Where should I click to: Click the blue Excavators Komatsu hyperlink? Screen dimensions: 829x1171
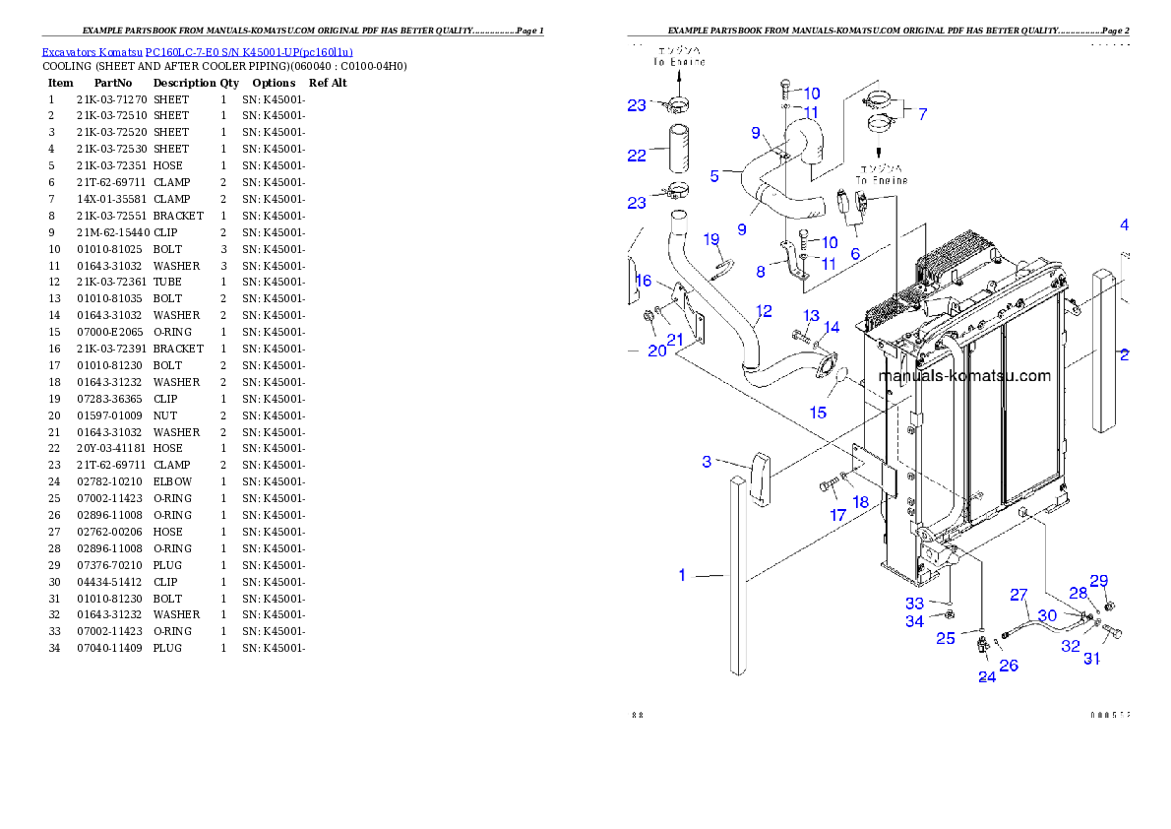(197, 52)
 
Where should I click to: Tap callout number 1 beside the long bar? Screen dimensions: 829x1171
(682, 575)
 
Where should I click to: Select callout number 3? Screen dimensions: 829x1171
(707, 462)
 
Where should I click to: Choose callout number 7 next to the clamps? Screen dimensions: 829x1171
(922, 113)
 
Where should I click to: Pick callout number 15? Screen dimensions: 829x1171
(818, 413)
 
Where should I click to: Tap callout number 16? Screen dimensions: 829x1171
(645, 281)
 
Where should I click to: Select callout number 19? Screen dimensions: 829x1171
(711, 239)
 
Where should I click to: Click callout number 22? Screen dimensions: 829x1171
(637, 155)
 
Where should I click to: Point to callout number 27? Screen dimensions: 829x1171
(1018, 595)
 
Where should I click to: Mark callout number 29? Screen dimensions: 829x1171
(1098, 580)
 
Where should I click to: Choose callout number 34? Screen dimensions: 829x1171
(914, 621)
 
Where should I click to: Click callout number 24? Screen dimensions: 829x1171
(987, 676)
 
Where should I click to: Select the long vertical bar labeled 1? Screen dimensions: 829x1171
(737, 576)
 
